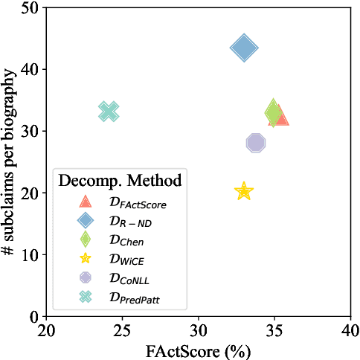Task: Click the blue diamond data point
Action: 243,48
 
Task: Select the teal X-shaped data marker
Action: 109,112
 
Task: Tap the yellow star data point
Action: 243,192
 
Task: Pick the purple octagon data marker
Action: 256,143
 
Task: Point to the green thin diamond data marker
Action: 273,113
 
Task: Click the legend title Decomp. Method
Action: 121,181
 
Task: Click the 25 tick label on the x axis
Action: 122,330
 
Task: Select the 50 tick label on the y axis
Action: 30,7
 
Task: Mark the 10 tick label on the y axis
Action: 30,254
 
